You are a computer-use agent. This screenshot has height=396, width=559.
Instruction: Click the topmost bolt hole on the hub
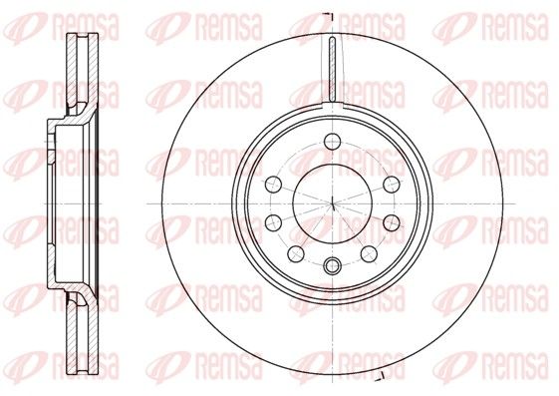point(333,141)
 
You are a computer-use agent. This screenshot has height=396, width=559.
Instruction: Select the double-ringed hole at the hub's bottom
point(333,265)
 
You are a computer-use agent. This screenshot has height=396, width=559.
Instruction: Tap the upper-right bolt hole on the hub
point(392,185)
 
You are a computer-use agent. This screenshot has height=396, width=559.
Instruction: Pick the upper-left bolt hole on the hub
point(274,185)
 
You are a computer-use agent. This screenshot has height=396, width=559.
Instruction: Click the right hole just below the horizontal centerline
point(392,222)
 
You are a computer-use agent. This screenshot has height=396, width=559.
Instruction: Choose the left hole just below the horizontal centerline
point(274,222)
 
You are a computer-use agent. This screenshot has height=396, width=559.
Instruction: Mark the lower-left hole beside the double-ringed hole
point(296,253)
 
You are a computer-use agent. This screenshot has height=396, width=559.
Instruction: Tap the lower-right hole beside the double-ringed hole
point(369,253)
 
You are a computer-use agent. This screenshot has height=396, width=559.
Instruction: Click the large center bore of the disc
point(333,203)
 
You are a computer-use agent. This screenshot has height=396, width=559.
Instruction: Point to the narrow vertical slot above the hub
point(333,69)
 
